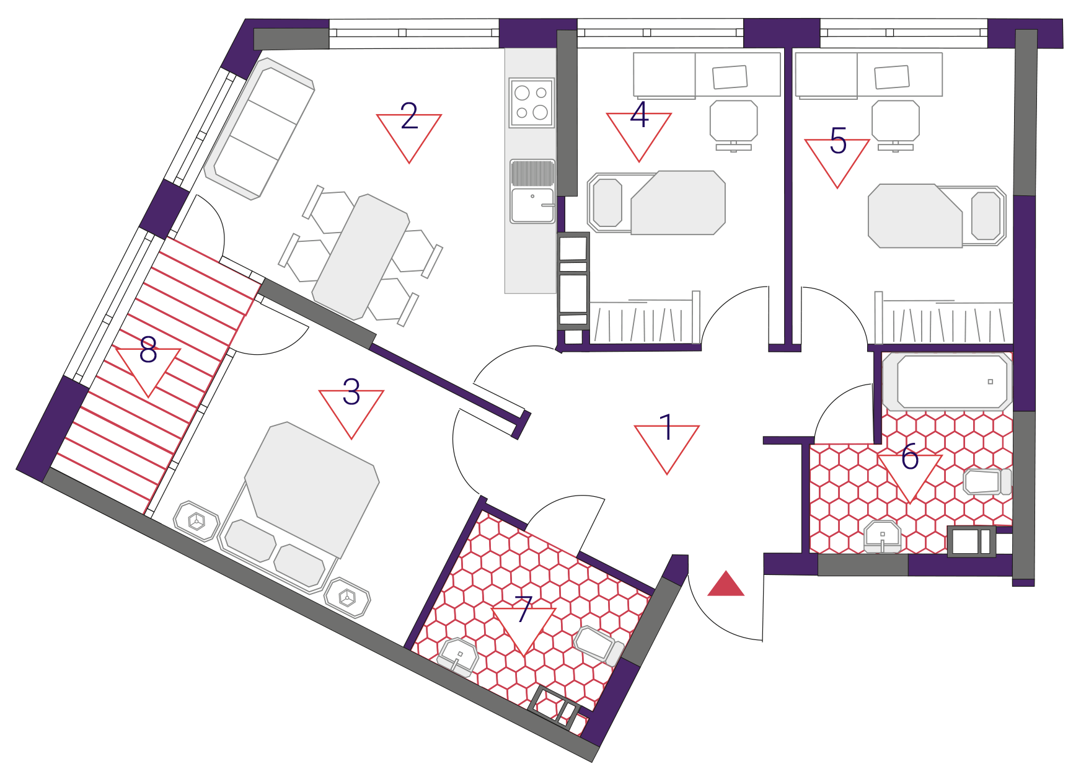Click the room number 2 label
coord(409,116)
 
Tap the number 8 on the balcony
coord(148,350)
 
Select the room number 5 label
coord(838,140)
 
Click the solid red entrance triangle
coord(726,584)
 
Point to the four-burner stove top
coord(532,103)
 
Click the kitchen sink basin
coord(532,205)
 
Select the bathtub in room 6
coord(948,381)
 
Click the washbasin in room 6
coord(883,536)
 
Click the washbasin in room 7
coord(457,657)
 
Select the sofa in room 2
coord(259,129)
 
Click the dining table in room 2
coord(360,257)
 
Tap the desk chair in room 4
coord(734,125)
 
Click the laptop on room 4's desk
coord(730,77)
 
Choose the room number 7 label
coord(524,608)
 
